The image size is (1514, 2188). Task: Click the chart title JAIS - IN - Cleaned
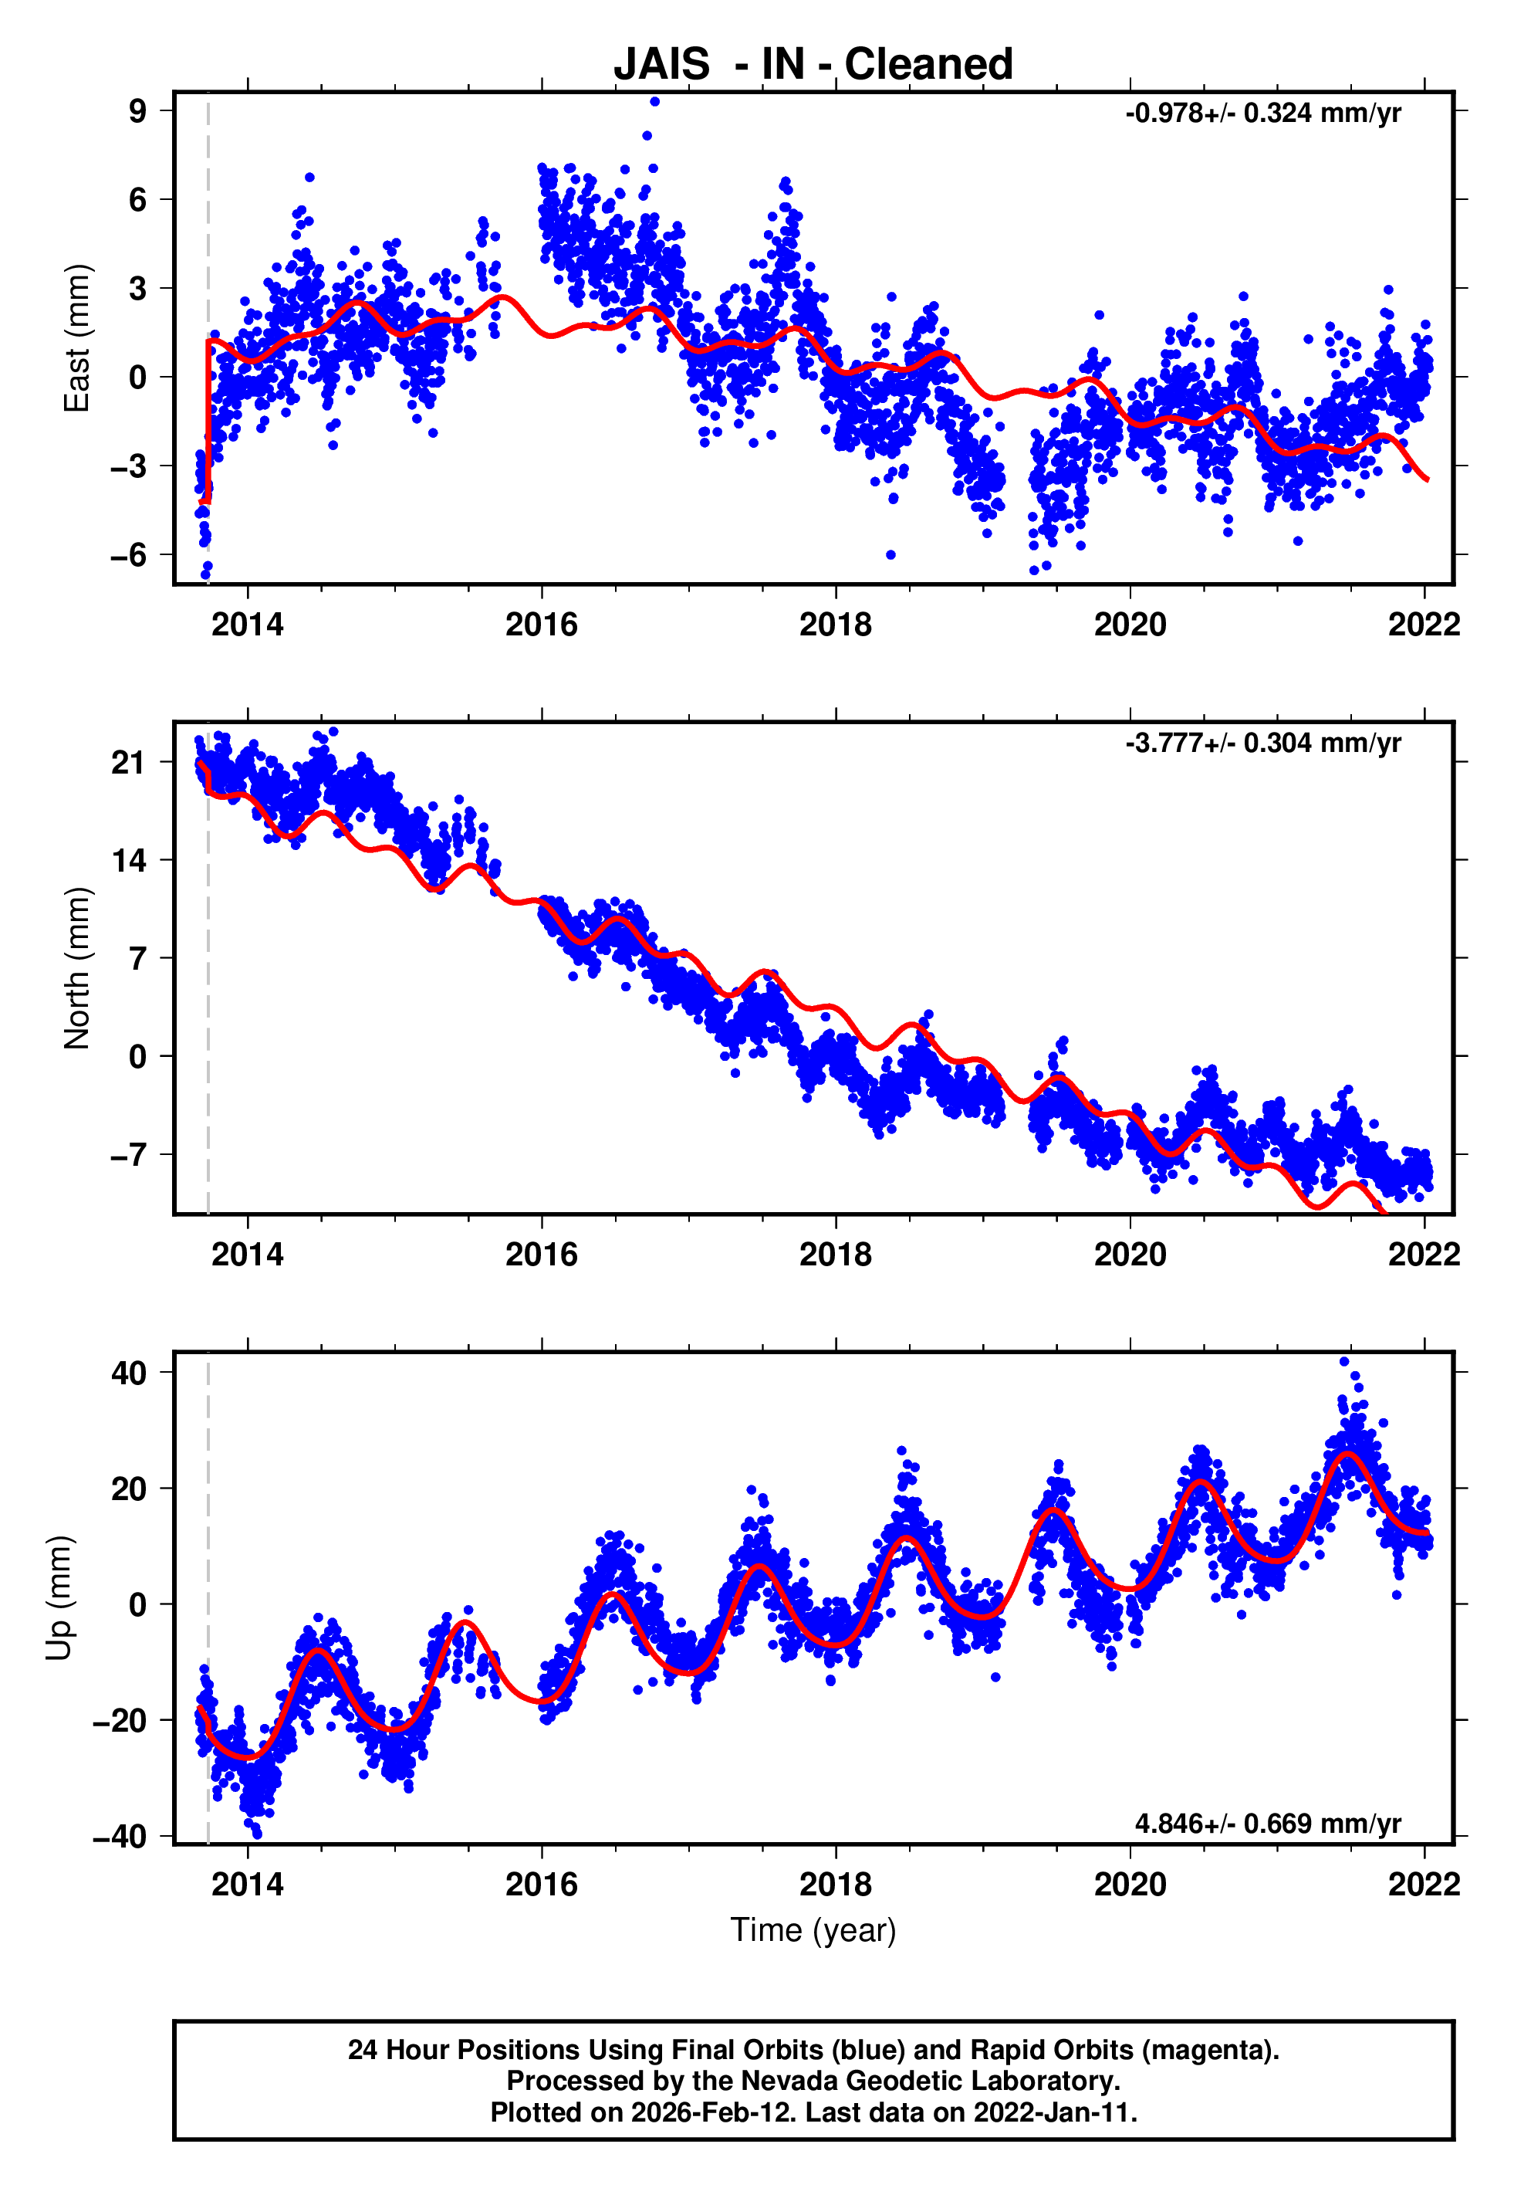pyautogui.click(x=813, y=65)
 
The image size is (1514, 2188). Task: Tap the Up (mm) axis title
pyautogui.click(x=59, y=1598)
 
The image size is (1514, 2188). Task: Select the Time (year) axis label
pyautogui.click(x=813, y=1931)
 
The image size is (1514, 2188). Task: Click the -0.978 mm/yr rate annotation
pyautogui.click(x=1262, y=113)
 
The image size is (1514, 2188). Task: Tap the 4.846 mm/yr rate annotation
pyautogui.click(x=1267, y=1824)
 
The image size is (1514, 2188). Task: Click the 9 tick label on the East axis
pyautogui.click(x=138, y=111)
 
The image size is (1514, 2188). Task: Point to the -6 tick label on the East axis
pyautogui.click(x=128, y=555)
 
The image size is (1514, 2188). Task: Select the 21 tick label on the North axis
pyautogui.click(x=128, y=762)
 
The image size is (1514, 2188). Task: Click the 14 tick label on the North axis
pyautogui.click(x=128, y=861)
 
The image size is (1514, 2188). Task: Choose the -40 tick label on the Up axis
pyautogui.click(x=119, y=1836)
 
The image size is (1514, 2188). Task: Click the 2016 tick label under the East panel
pyautogui.click(x=541, y=625)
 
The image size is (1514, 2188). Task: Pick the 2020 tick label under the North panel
pyautogui.click(x=1130, y=1255)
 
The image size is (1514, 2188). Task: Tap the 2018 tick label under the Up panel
pyautogui.click(x=835, y=1885)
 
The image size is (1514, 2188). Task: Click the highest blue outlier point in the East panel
pyautogui.click(x=654, y=101)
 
